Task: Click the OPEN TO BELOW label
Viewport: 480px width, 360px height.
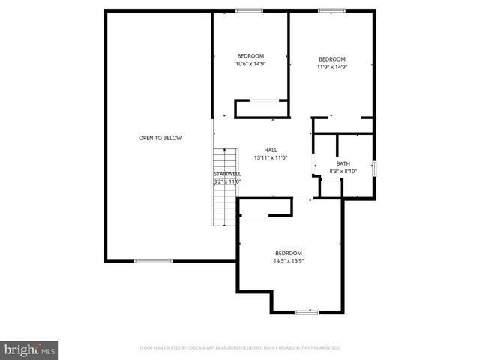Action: tap(160, 138)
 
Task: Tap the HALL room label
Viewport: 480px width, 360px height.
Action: tap(271, 150)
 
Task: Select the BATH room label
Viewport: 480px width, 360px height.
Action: tap(343, 163)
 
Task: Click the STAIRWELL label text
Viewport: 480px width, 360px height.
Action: tap(226, 174)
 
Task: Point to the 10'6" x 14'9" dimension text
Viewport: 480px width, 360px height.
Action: tap(250, 64)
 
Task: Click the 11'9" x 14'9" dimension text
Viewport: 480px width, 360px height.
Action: tap(331, 67)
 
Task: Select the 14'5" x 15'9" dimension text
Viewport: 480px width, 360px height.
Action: tap(288, 260)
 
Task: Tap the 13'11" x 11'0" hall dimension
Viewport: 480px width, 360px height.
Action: tap(271, 157)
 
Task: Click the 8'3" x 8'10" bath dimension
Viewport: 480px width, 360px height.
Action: tap(343, 171)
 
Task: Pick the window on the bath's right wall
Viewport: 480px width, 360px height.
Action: tap(374, 166)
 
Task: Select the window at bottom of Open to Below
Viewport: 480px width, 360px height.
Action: tap(153, 260)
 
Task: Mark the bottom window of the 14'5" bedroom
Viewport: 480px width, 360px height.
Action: tap(306, 311)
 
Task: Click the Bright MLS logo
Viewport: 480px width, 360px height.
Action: tap(30, 349)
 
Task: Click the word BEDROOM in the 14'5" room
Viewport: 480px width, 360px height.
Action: tap(288, 253)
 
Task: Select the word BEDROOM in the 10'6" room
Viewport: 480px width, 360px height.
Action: tap(250, 56)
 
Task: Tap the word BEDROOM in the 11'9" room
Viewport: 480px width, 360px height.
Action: tap(331, 59)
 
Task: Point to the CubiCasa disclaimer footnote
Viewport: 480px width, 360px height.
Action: tap(240, 348)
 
